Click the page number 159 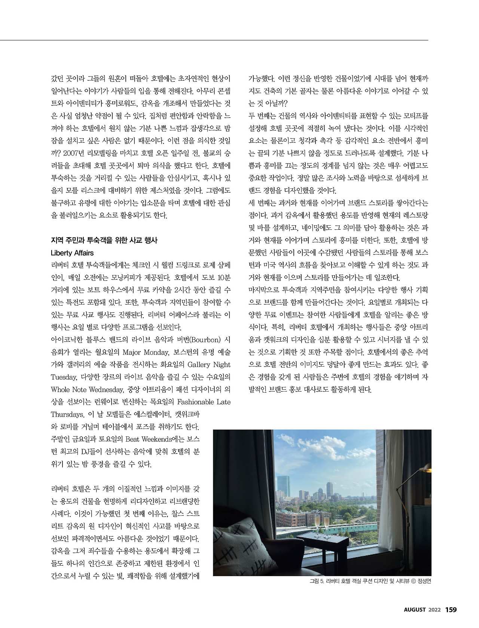coord(451,609)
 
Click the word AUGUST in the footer coord(415,610)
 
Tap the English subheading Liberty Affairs coord(72,253)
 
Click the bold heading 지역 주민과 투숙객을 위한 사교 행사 coord(104,240)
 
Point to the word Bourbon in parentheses coord(205,340)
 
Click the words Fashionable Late coord(204,402)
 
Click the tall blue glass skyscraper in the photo coord(283,487)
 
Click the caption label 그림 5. coord(316,582)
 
